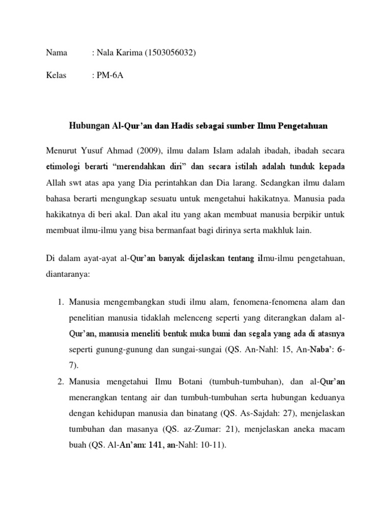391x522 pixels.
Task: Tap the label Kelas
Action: click(56, 76)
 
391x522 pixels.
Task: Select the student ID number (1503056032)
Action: click(172, 53)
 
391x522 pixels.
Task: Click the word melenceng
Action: click(183, 318)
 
